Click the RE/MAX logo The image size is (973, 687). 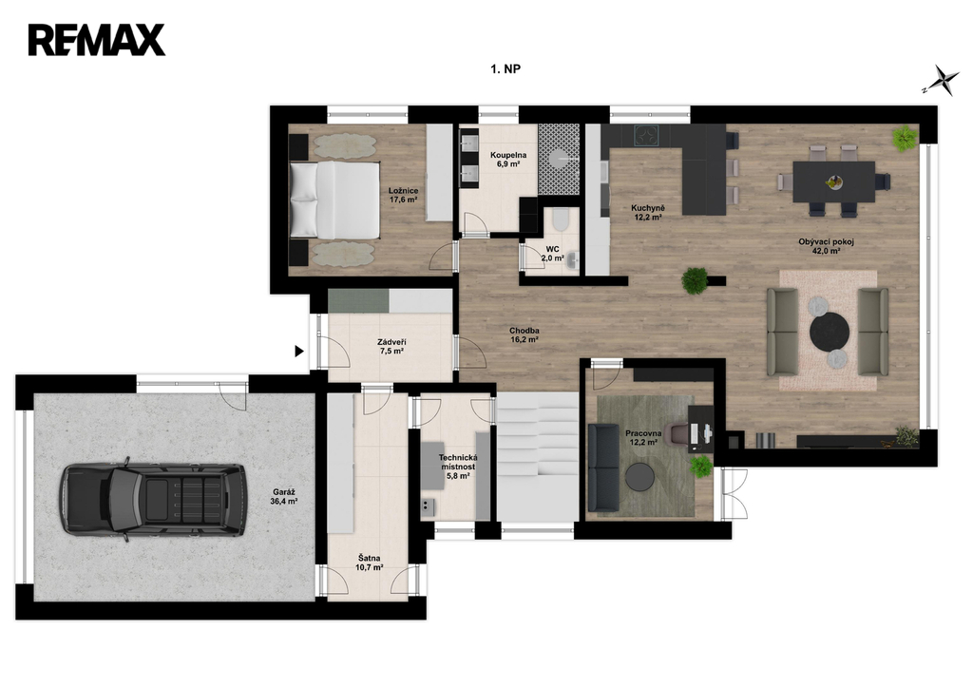[96, 40]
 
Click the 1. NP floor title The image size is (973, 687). [506, 69]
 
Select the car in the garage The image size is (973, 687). [153, 500]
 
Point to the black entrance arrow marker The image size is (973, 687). [299, 352]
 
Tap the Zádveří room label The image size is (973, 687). [391, 346]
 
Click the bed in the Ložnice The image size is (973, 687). [335, 200]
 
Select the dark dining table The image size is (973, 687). [834, 181]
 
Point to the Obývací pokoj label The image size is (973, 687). [826, 246]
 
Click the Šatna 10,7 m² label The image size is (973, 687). [370, 563]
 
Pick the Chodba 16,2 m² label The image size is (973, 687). [524, 335]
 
